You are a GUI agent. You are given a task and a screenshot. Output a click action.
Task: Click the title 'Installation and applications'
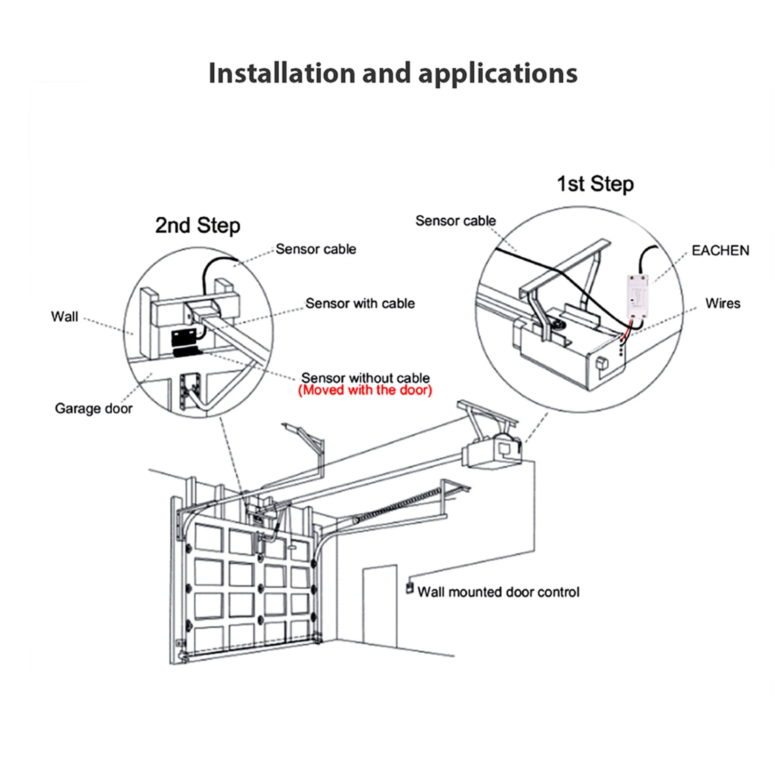coord(392,73)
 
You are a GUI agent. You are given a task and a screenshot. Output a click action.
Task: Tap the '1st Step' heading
coord(595,184)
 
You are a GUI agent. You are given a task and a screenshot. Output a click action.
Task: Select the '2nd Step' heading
coord(198,226)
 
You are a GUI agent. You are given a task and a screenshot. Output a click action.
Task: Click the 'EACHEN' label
coord(720,250)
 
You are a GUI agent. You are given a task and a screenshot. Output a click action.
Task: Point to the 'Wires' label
coord(722,303)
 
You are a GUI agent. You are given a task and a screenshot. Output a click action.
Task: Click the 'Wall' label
coord(64,316)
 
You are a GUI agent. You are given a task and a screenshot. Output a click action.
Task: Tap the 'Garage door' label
coord(93,408)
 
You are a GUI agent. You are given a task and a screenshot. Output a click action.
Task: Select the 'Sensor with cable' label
coord(360,303)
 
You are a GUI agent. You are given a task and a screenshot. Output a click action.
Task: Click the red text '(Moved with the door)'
coord(365,390)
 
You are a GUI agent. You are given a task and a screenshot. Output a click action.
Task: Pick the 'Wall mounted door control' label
coord(498,592)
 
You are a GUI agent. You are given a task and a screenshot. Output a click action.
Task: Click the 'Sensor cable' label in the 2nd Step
coord(316,249)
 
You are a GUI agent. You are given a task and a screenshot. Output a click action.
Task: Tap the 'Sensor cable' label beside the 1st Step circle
coord(455,221)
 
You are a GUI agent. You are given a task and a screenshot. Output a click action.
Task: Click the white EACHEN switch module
coord(637,296)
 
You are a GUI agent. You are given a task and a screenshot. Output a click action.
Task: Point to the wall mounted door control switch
coord(410,588)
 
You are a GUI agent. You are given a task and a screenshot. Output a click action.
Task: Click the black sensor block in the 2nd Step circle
coord(184,338)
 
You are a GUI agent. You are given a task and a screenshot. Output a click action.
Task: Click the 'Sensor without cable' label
coord(365,378)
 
